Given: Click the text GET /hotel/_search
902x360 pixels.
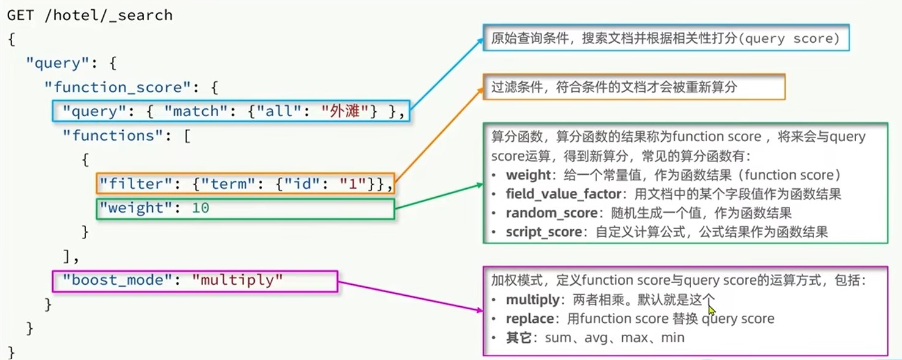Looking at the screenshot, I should (90, 15).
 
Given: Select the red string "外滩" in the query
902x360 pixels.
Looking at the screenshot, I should (345, 111).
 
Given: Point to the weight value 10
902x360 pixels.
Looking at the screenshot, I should (200, 208).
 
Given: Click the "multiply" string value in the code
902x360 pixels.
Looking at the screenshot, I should (238, 281).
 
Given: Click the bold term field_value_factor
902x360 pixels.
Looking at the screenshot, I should (559, 194).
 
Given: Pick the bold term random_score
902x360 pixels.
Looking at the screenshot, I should (551, 213).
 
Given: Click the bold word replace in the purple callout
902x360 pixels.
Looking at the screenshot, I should (529, 319).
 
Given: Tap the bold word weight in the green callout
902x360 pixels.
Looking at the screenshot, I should (528, 175).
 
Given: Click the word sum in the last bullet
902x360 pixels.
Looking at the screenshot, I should (557, 338).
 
